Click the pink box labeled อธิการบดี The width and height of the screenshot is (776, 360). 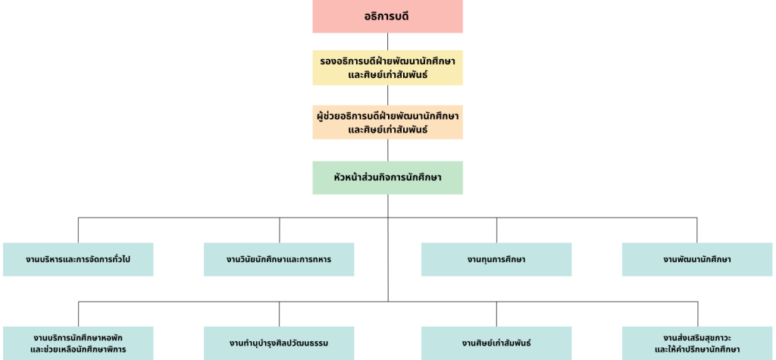(x=387, y=17)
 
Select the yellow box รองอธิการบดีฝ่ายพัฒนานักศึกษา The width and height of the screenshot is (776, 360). (x=387, y=67)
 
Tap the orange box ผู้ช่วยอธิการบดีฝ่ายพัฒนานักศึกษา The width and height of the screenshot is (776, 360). (x=387, y=122)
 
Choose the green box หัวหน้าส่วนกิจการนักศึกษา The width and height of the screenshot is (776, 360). (x=387, y=177)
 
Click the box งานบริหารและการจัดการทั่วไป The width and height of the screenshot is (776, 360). (x=78, y=259)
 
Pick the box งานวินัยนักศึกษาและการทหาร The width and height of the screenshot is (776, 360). (x=279, y=259)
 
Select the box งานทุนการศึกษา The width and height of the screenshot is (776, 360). (x=496, y=259)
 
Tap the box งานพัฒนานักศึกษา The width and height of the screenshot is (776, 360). (x=697, y=259)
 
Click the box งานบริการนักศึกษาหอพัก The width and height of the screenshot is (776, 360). (x=78, y=343)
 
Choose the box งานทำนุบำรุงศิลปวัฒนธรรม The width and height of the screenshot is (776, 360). (x=279, y=343)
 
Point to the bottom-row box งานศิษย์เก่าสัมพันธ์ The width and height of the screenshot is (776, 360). (x=496, y=343)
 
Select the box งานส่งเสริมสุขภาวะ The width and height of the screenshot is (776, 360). (x=697, y=343)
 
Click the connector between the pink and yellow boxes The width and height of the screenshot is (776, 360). (x=387, y=42)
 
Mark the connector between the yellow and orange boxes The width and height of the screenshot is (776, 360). (x=387, y=95)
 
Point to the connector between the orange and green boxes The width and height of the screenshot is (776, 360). (x=387, y=150)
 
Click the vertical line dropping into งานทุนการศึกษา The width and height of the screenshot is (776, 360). (x=497, y=230)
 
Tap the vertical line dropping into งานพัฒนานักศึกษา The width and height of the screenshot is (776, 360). (x=697, y=230)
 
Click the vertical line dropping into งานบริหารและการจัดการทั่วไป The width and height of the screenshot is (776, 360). (x=78, y=230)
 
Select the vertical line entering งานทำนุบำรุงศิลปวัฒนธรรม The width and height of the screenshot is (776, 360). (x=279, y=314)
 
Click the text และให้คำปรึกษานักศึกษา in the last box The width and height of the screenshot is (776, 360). (x=697, y=349)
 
